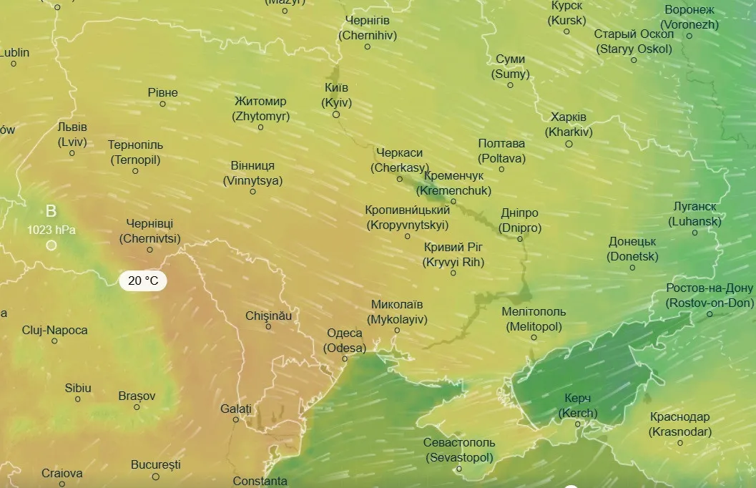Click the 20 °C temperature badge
click(x=143, y=280)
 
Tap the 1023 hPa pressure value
click(x=51, y=230)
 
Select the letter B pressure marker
click(x=51, y=211)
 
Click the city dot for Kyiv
click(x=336, y=114)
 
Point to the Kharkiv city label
click(x=569, y=125)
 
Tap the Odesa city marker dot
click(x=345, y=359)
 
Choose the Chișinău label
click(x=268, y=316)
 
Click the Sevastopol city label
click(x=458, y=450)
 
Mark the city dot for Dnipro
click(x=520, y=238)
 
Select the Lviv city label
click(x=72, y=135)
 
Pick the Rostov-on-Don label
click(x=710, y=296)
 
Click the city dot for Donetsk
click(x=632, y=268)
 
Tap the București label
click(x=156, y=465)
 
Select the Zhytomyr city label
click(x=260, y=108)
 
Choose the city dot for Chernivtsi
click(x=150, y=250)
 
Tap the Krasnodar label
click(x=680, y=424)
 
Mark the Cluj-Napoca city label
click(x=55, y=331)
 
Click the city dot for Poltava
click(x=501, y=170)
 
